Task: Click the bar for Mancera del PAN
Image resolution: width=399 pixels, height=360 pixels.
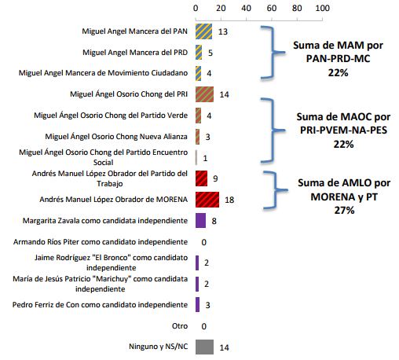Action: (x=203, y=31)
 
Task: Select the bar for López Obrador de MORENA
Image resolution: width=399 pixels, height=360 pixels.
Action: (x=207, y=200)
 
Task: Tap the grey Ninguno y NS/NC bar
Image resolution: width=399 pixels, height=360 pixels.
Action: (x=204, y=347)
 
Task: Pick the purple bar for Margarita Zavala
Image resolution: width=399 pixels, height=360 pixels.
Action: (x=200, y=221)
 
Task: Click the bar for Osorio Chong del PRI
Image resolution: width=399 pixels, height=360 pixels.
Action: (x=204, y=94)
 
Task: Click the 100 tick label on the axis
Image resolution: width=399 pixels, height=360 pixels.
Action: (x=323, y=8)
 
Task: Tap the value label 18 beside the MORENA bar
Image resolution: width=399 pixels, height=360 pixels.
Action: (x=229, y=200)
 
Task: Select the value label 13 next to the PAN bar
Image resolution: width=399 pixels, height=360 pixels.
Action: (x=223, y=31)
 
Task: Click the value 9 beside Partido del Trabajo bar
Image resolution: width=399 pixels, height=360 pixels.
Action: (x=215, y=178)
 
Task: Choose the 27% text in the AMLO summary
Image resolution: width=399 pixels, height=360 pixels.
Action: (x=344, y=210)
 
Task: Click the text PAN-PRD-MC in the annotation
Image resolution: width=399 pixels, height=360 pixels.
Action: (x=338, y=59)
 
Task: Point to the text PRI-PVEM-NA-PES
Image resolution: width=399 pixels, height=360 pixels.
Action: (x=343, y=130)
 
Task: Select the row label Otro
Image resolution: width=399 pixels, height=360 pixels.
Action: (x=180, y=326)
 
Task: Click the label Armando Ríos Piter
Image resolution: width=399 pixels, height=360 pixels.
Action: (x=46, y=241)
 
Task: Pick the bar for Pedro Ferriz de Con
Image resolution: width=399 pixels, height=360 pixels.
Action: (x=197, y=305)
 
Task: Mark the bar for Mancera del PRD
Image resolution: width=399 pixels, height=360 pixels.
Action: (x=199, y=53)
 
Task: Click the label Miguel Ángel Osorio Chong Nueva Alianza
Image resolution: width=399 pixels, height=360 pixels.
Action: (x=116, y=137)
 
